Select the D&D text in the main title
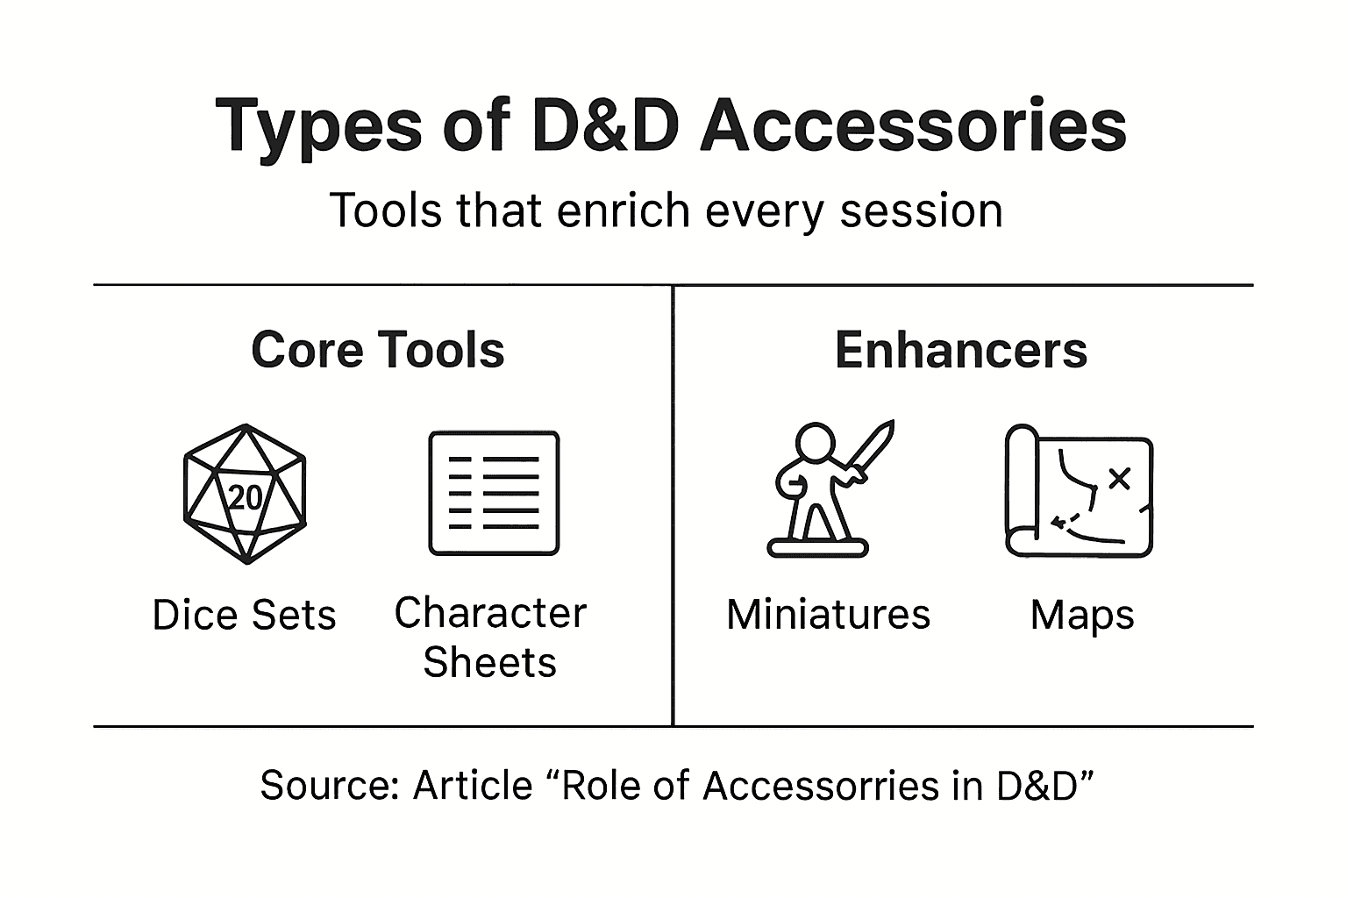coord(605,125)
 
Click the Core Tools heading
coord(378,350)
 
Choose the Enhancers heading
coord(961,350)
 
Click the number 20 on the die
coord(245,497)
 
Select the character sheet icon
coord(494,493)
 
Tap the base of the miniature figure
coord(817,549)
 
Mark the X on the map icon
coord(1119,478)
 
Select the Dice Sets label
coord(244,615)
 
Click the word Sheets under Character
coord(489,662)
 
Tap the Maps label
coord(1082,615)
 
